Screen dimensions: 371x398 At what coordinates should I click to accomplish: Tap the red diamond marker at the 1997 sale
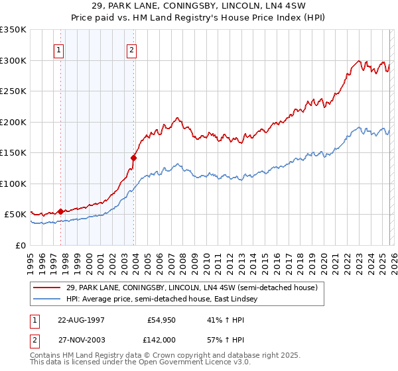point(60,211)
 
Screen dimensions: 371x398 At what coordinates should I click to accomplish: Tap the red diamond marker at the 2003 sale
point(134,158)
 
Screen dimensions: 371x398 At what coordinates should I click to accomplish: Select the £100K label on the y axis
point(13,184)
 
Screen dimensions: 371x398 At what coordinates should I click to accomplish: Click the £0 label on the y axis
point(21,245)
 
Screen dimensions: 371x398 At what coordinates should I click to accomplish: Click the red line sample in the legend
point(48,288)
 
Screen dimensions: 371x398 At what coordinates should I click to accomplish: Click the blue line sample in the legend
point(48,299)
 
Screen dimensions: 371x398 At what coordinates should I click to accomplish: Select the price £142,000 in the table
point(162,339)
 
